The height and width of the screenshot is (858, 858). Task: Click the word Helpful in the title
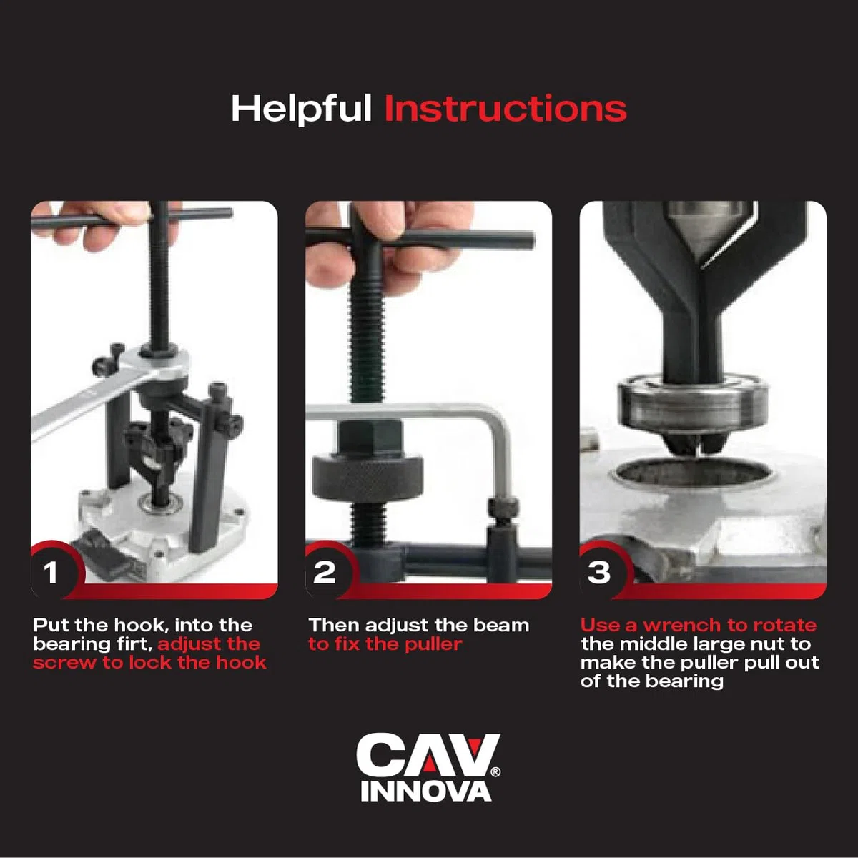tap(301, 109)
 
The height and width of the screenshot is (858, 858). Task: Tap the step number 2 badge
tap(325, 572)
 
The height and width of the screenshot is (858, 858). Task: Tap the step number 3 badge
tap(599, 572)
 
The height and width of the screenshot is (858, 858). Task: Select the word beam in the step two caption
tap(501, 626)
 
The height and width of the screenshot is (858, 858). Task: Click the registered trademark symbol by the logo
tap(495, 771)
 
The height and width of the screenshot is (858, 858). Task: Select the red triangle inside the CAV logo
tap(428, 763)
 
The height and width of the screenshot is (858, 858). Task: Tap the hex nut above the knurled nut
tap(370, 438)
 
